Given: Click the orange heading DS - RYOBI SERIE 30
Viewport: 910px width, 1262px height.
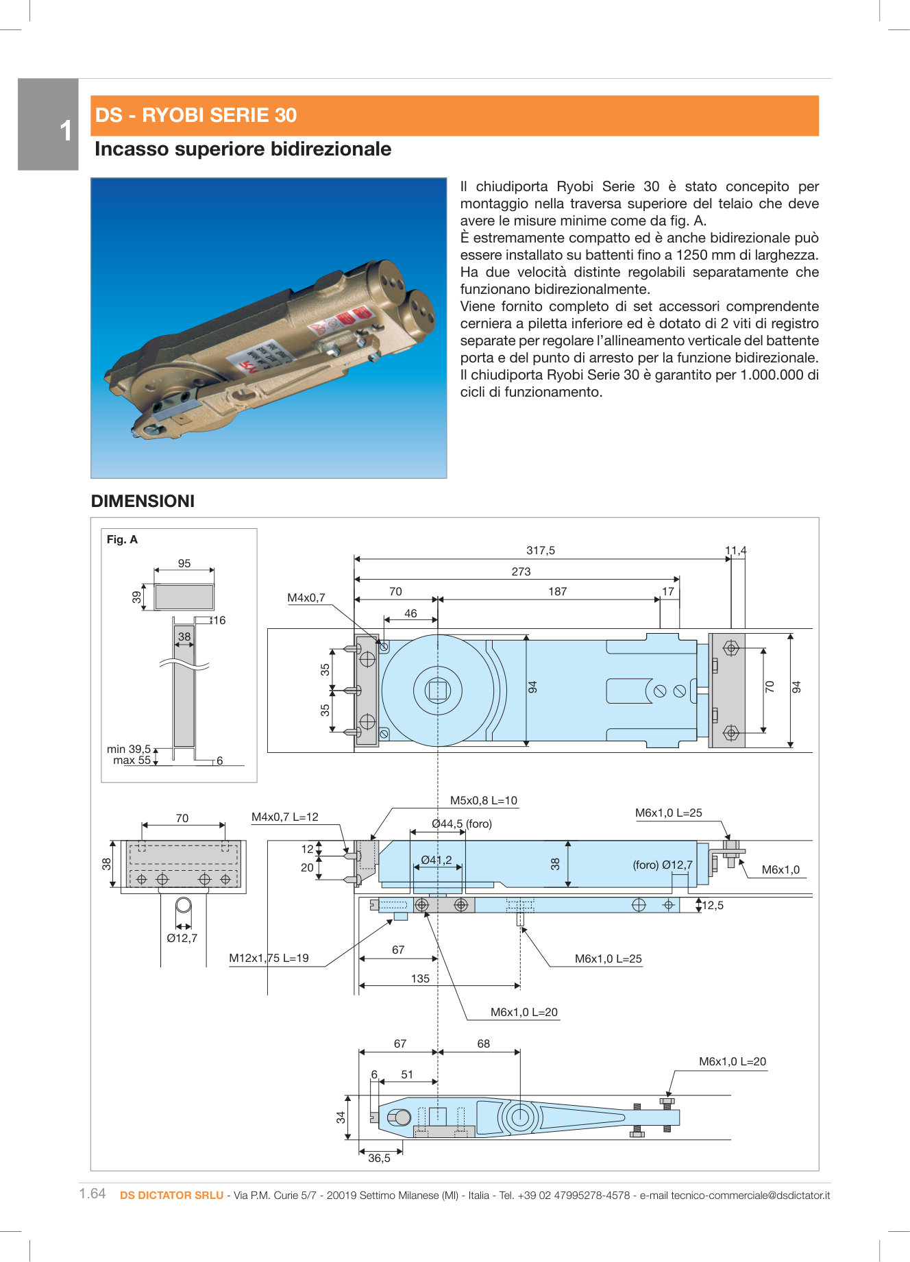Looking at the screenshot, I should (196, 115).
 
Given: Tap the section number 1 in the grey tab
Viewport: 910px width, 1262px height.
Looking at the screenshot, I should (65, 131).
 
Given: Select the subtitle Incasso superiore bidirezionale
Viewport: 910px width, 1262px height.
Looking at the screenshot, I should (243, 149).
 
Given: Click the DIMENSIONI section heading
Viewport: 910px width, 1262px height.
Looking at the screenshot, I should (143, 501).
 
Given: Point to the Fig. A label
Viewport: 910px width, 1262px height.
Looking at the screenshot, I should (122, 539).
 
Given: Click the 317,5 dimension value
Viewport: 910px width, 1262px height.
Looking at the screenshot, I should (540, 550).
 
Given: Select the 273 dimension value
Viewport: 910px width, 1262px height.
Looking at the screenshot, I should (521, 571).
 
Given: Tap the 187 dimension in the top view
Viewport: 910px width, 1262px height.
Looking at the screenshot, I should (557, 591).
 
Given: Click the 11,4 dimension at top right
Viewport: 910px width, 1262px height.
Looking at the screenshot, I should (735, 550).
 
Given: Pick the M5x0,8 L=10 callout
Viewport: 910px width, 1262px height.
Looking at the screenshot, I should (483, 800).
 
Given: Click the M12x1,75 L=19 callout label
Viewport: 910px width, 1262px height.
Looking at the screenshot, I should (269, 958).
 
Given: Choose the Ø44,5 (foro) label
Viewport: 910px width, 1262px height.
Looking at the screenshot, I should (462, 824).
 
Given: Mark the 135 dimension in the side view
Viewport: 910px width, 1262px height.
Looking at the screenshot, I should (420, 978).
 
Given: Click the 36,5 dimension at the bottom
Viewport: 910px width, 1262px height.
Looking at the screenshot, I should (379, 1158).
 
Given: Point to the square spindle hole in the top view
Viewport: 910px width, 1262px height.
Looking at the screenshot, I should (437, 690).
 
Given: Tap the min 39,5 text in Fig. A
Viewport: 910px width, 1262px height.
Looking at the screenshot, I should (129, 749).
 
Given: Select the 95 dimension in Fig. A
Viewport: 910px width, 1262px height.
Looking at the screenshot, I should (184, 563).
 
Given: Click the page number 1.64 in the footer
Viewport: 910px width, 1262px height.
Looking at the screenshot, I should (93, 1193).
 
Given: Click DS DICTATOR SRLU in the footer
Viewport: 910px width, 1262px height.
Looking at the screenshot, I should (171, 1195).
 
